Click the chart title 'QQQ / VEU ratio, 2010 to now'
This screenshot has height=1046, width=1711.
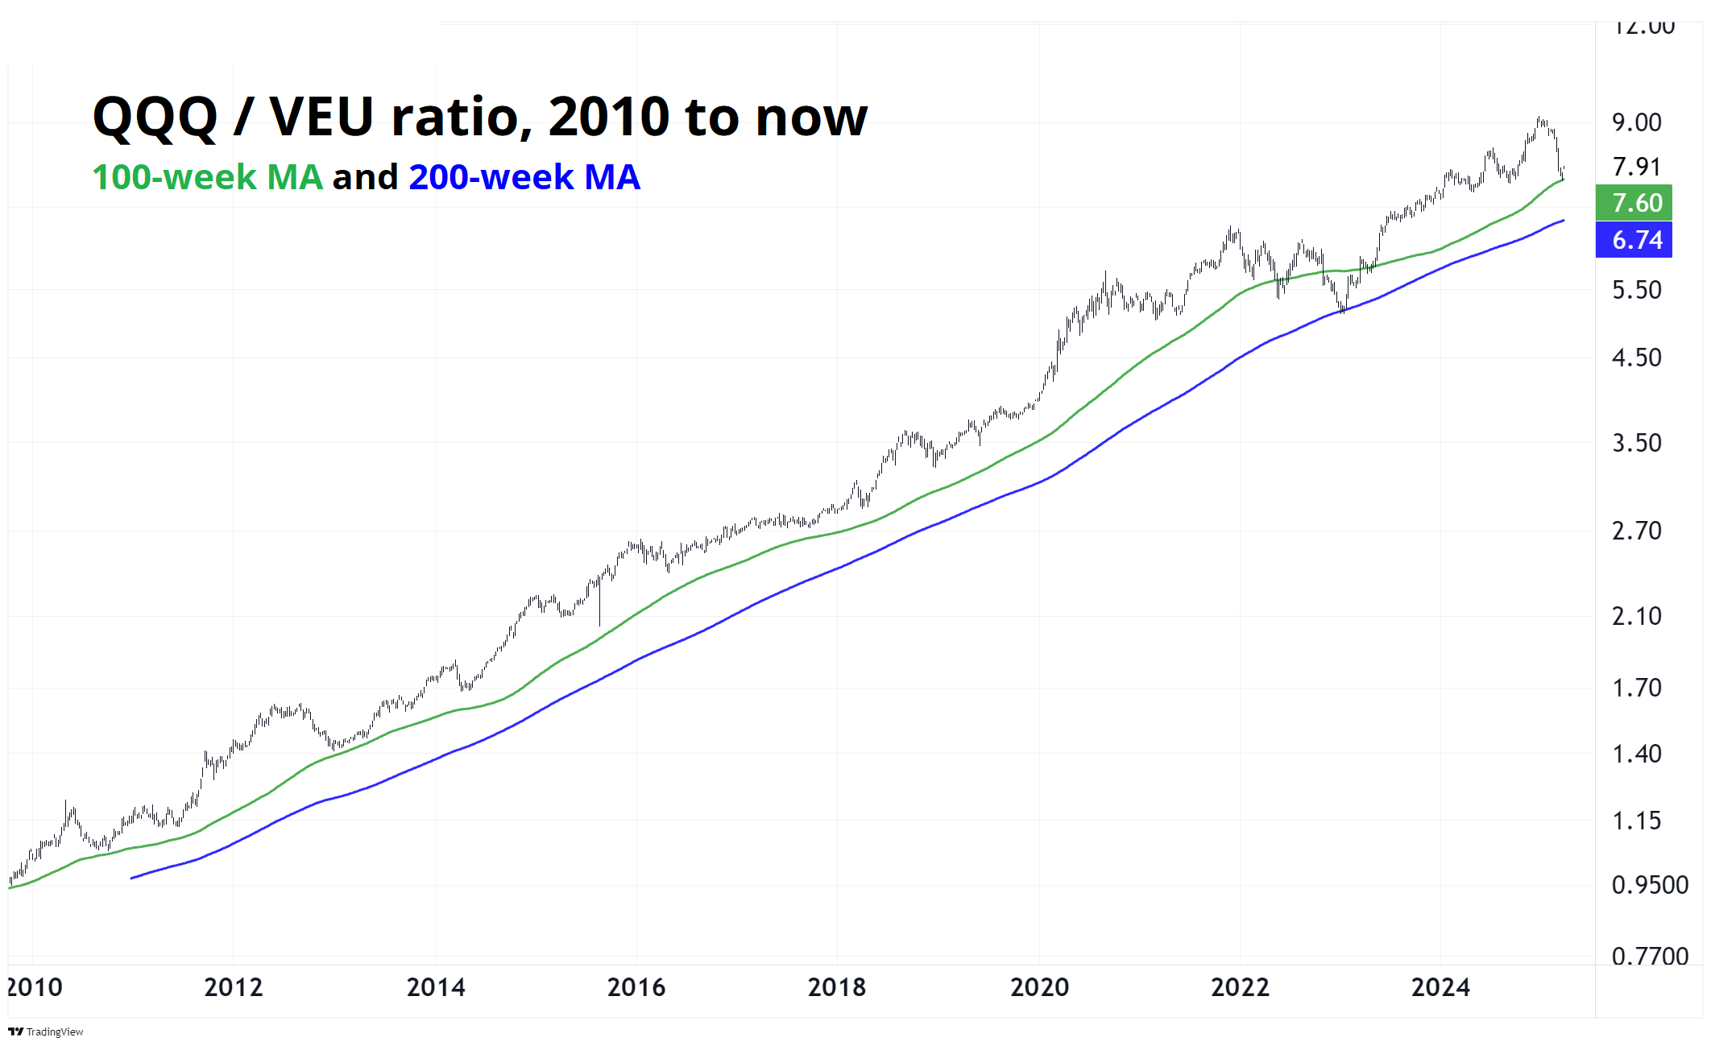pos(480,118)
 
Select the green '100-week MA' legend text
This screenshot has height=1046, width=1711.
pos(208,177)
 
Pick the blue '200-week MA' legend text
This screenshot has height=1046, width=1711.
pos(524,177)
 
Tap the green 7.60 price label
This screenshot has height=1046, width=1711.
pos(1633,203)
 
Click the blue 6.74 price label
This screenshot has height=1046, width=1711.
pos(1633,240)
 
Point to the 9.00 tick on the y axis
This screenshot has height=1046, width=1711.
pos(1636,122)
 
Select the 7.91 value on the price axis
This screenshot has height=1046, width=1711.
pos(1636,167)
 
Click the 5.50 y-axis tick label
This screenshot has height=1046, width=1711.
pos(1636,290)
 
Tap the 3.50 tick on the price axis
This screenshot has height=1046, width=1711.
pos(1636,443)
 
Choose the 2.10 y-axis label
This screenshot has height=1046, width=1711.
pos(1636,616)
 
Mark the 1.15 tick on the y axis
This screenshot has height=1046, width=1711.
pos(1636,821)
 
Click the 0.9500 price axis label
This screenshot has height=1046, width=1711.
pos(1649,885)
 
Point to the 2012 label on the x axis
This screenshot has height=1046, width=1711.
pos(234,987)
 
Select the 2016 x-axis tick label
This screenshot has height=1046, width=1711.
pos(636,987)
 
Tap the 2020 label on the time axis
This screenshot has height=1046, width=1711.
pos(1039,987)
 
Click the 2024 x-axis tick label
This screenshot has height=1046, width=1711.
pos(1440,987)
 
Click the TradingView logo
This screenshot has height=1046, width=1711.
pos(46,1032)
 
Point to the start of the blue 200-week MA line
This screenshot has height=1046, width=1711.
pos(132,878)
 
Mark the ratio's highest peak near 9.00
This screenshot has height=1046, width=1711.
pos(1539,119)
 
